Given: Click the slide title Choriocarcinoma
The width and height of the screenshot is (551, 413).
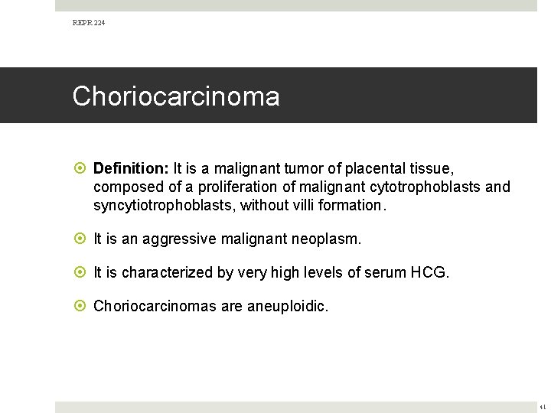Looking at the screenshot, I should (176, 97).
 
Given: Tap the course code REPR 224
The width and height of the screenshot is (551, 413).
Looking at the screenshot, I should (89, 24).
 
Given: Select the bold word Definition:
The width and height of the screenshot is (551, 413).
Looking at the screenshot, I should (132, 167).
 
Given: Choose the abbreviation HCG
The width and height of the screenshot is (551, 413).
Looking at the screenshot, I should (432, 273).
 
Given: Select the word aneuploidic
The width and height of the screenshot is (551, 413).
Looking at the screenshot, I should (288, 307).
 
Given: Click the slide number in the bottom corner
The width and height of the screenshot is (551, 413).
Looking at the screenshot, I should (543, 408).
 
